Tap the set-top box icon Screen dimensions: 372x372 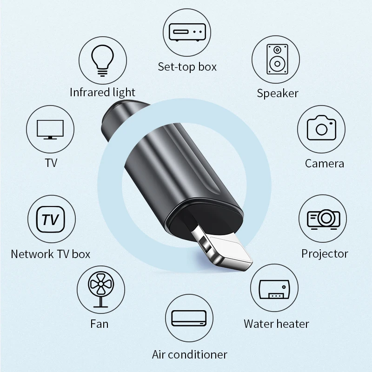click(x=187, y=33)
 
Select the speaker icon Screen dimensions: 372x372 click(x=276, y=59)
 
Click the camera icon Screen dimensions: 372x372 click(x=321, y=127)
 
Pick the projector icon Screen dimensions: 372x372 click(x=324, y=218)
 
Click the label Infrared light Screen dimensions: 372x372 click(x=102, y=92)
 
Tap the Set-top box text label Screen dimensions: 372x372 click(x=187, y=66)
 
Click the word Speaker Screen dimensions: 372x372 click(x=278, y=93)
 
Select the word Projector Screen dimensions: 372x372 click(x=325, y=253)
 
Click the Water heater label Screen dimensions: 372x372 click(x=276, y=324)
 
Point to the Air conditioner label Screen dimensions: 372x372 click(x=190, y=354)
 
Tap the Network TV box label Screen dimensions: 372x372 click(x=50, y=254)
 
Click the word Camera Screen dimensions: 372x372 click(x=325, y=163)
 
